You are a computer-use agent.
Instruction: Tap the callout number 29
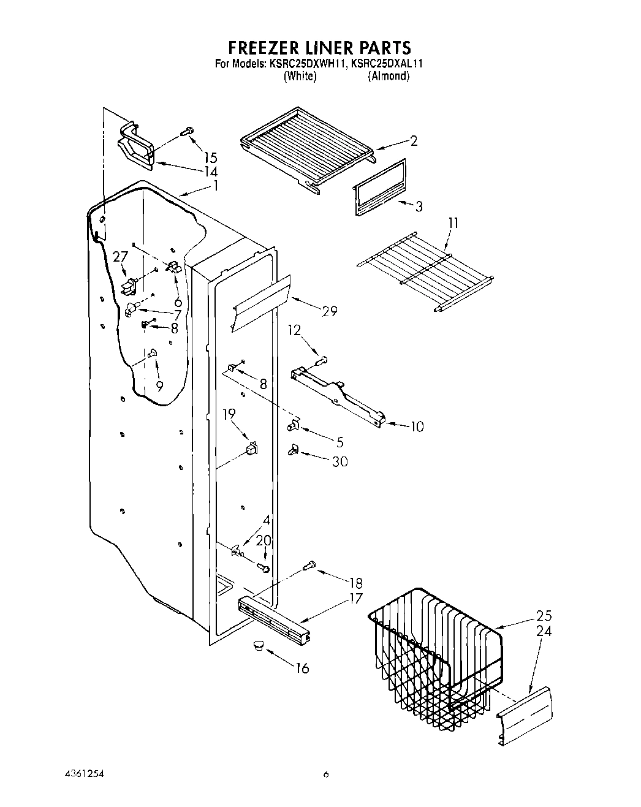pos(330,312)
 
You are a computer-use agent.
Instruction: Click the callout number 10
pos(416,426)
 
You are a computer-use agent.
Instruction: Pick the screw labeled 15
pos(188,131)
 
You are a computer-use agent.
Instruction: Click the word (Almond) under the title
pos(389,77)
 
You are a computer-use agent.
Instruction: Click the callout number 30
pos(339,461)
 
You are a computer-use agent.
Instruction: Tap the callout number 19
pos(229,414)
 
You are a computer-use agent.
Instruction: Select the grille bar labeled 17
pos(273,619)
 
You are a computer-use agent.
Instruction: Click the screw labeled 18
pos(310,566)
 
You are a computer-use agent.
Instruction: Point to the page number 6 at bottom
pos(327,775)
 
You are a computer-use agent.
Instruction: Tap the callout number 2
pos(414,141)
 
